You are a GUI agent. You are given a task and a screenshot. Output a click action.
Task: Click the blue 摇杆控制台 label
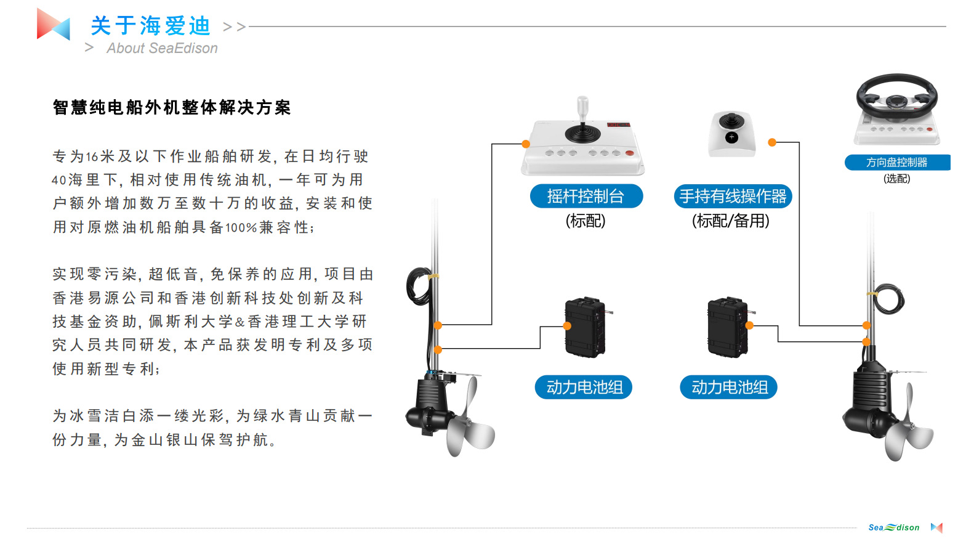click(586, 196)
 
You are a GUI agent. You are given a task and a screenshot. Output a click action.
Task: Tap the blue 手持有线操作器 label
click(733, 196)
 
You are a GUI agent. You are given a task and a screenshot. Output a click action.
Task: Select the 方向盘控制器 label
click(896, 162)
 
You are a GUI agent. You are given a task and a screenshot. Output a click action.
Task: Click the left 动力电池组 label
click(584, 387)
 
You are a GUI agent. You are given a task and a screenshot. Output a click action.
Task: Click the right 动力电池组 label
click(729, 387)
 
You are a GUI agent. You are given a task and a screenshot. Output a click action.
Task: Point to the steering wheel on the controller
click(896, 96)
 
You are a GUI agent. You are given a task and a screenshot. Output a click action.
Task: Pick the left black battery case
click(584, 327)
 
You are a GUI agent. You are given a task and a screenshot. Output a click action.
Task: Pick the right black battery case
click(728, 327)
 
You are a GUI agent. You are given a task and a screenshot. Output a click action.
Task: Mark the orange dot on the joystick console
click(526, 144)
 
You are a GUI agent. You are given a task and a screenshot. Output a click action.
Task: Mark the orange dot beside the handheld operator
click(772, 142)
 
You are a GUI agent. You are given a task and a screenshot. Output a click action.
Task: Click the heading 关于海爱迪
click(151, 26)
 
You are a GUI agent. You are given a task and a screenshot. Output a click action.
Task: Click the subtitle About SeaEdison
click(162, 48)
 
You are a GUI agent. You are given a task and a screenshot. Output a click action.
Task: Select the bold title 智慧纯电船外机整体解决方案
click(172, 108)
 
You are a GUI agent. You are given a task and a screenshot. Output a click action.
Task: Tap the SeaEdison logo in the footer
click(894, 527)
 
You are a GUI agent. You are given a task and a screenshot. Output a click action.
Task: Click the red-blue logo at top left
click(53, 25)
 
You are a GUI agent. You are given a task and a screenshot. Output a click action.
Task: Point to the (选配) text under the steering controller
click(896, 179)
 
